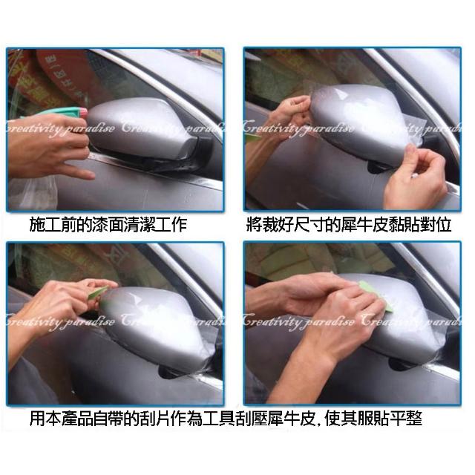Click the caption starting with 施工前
click(x=108, y=224)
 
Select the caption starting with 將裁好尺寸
click(x=349, y=224)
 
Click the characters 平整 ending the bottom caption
click(x=406, y=419)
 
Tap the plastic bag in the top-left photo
click(x=33, y=192)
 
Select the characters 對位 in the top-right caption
click(x=436, y=224)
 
